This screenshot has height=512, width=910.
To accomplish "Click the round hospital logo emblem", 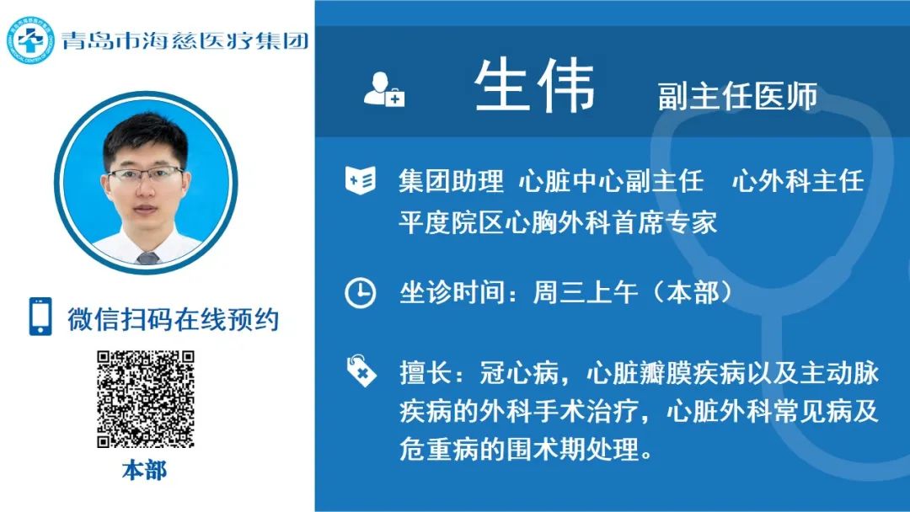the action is (30, 40).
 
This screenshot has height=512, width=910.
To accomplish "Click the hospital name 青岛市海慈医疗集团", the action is (185, 40).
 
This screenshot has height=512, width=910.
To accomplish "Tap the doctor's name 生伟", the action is (534, 85).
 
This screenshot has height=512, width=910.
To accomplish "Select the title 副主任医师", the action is (737, 96).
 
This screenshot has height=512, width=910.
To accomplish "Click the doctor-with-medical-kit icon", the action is (383, 89).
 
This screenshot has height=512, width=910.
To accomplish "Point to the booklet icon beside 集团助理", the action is (361, 179).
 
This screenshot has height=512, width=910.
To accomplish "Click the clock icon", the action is (361, 292).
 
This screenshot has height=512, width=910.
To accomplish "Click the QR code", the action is (146, 399).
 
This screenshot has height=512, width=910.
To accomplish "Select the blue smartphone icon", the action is (40, 317).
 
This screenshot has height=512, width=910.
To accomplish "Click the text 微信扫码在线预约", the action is (173, 319).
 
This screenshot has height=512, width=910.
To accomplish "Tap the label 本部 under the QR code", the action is (145, 470).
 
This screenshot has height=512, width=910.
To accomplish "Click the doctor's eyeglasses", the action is (145, 174).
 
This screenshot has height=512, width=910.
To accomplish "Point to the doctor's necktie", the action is (147, 258).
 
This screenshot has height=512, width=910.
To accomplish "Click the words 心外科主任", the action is (798, 181).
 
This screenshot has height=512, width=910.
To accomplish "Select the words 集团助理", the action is (451, 181).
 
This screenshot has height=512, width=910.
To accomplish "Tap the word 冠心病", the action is (519, 373).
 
